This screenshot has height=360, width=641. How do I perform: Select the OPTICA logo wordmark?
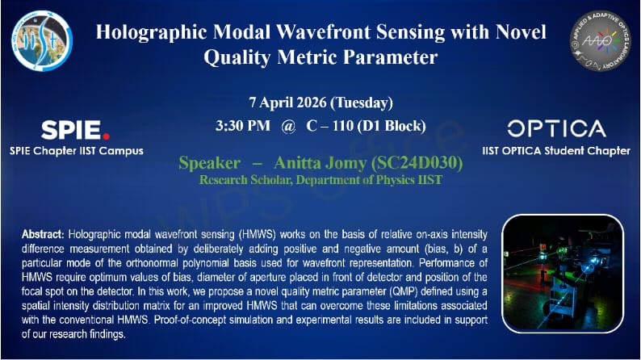(556, 129)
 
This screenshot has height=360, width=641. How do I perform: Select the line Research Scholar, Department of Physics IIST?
(320, 180)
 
